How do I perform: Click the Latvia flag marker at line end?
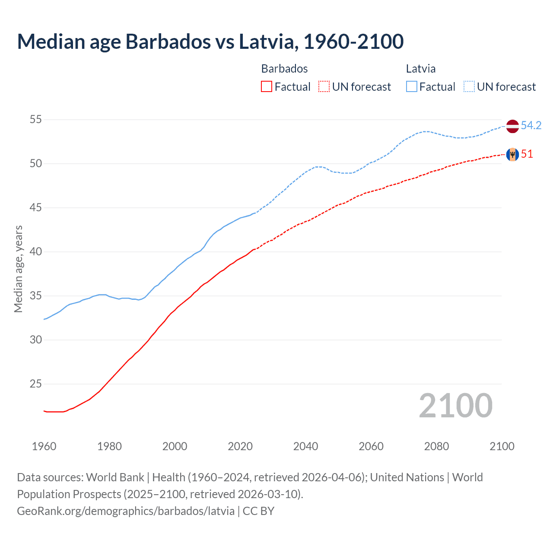(x=512, y=126)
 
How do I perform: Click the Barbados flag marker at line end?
(x=512, y=154)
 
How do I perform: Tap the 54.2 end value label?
(x=531, y=125)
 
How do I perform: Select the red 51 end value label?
(x=527, y=154)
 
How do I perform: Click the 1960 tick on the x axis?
(x=44, y=446)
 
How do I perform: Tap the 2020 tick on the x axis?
(x=240, y=446)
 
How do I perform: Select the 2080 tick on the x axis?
(x=436, y=446)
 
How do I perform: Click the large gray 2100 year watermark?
(x=455, y=405)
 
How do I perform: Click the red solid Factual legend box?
(x=267, y=86)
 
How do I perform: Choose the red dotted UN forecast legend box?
(x=324, y=86)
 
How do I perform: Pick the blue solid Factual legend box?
(x=412, y=86)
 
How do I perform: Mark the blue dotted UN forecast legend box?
(x=469, y=86)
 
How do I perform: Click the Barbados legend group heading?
(x=284, y=69)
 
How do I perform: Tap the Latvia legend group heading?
(x=420, y=69)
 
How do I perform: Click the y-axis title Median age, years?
(x=18, y=269)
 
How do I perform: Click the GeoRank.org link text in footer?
(x=126, y=511)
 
